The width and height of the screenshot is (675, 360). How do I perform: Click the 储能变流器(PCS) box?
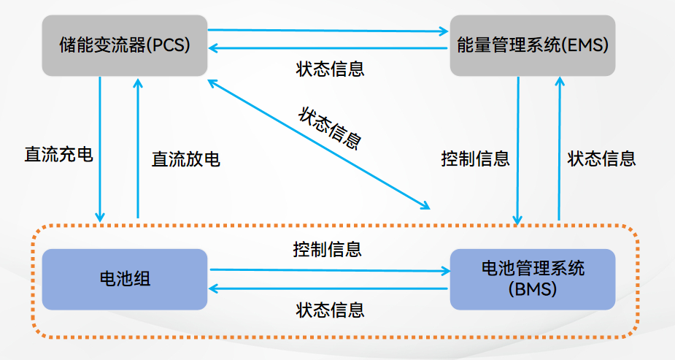click(125, 45)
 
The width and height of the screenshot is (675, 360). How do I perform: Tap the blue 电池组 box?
click(125, 279)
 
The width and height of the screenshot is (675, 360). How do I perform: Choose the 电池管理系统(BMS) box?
click(532, 279)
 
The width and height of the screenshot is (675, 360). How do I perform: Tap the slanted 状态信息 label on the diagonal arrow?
click(330, 129)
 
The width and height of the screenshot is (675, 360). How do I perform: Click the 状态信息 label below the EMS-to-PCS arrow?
click(330, 69)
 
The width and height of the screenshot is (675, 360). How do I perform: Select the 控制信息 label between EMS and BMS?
click(475, 158)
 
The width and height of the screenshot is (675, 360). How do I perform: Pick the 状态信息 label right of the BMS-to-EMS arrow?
click(601, 158)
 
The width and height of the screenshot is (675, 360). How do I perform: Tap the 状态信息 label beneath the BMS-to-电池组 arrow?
click(330, 310)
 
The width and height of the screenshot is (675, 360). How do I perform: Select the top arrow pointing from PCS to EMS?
click(328, 31)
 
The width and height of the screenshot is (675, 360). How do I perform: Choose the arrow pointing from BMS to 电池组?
click(328, 289)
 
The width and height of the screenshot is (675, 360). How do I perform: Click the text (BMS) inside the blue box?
click(532, 289)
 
